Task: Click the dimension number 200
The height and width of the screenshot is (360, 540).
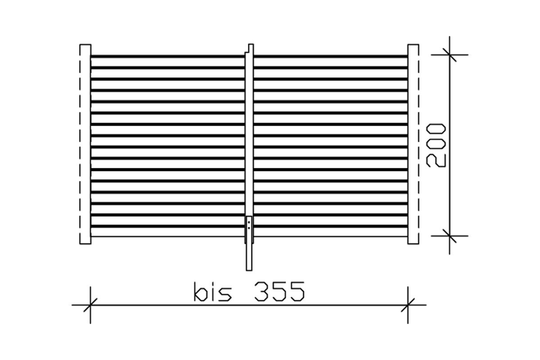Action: click(436, 145)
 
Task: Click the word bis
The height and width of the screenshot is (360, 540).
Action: click(213, 292)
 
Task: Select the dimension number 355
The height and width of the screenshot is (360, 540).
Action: click(279, 292)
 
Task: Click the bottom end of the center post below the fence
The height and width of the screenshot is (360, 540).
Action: click(249, 265)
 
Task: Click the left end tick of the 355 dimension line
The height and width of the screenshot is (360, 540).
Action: click(90, 305)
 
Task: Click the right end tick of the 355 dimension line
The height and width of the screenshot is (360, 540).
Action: click(408, 305)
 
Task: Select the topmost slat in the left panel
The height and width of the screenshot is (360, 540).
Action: click(167, 56)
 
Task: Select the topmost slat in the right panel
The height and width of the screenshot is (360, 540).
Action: click(331, 56)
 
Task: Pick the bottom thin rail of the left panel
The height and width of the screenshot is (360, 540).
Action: click(167, 236)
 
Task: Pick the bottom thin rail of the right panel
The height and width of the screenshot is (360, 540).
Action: click(331, 236)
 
